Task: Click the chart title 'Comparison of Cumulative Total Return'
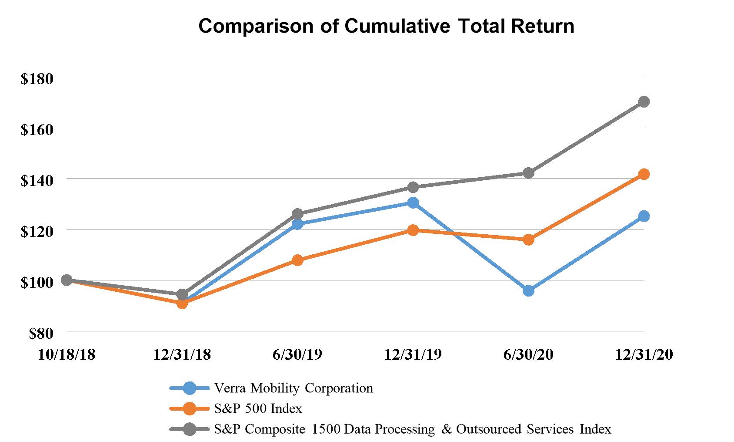(x=386, y=26)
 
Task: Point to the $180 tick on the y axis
(x=37, y=79)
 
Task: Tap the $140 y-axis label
(x=37, y=181)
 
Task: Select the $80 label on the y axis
(x=41, y=334)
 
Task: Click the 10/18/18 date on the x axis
(x=67, y=355)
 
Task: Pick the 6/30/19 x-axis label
(x=297, y=355)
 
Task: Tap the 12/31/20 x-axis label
(x=644, y=355)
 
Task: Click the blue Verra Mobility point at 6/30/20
(x=529, y=291)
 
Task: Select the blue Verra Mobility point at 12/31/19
(x=413, y=202)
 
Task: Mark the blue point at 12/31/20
(x=644, y=216)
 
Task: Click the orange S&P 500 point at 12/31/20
(x=644, y=174)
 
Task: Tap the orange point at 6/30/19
(x=297, y=260)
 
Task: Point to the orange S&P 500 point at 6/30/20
(x=529, y=240)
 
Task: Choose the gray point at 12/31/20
(x=644, y=102)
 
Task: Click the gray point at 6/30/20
(x=529, y=173)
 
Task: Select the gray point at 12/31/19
(x=413, y=187)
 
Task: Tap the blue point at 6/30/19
(x=297, y=224)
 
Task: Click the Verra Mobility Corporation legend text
(x=294, y=388)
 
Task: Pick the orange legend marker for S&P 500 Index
(x=190, y=408)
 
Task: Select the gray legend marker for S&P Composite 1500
(x=190, y=429)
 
